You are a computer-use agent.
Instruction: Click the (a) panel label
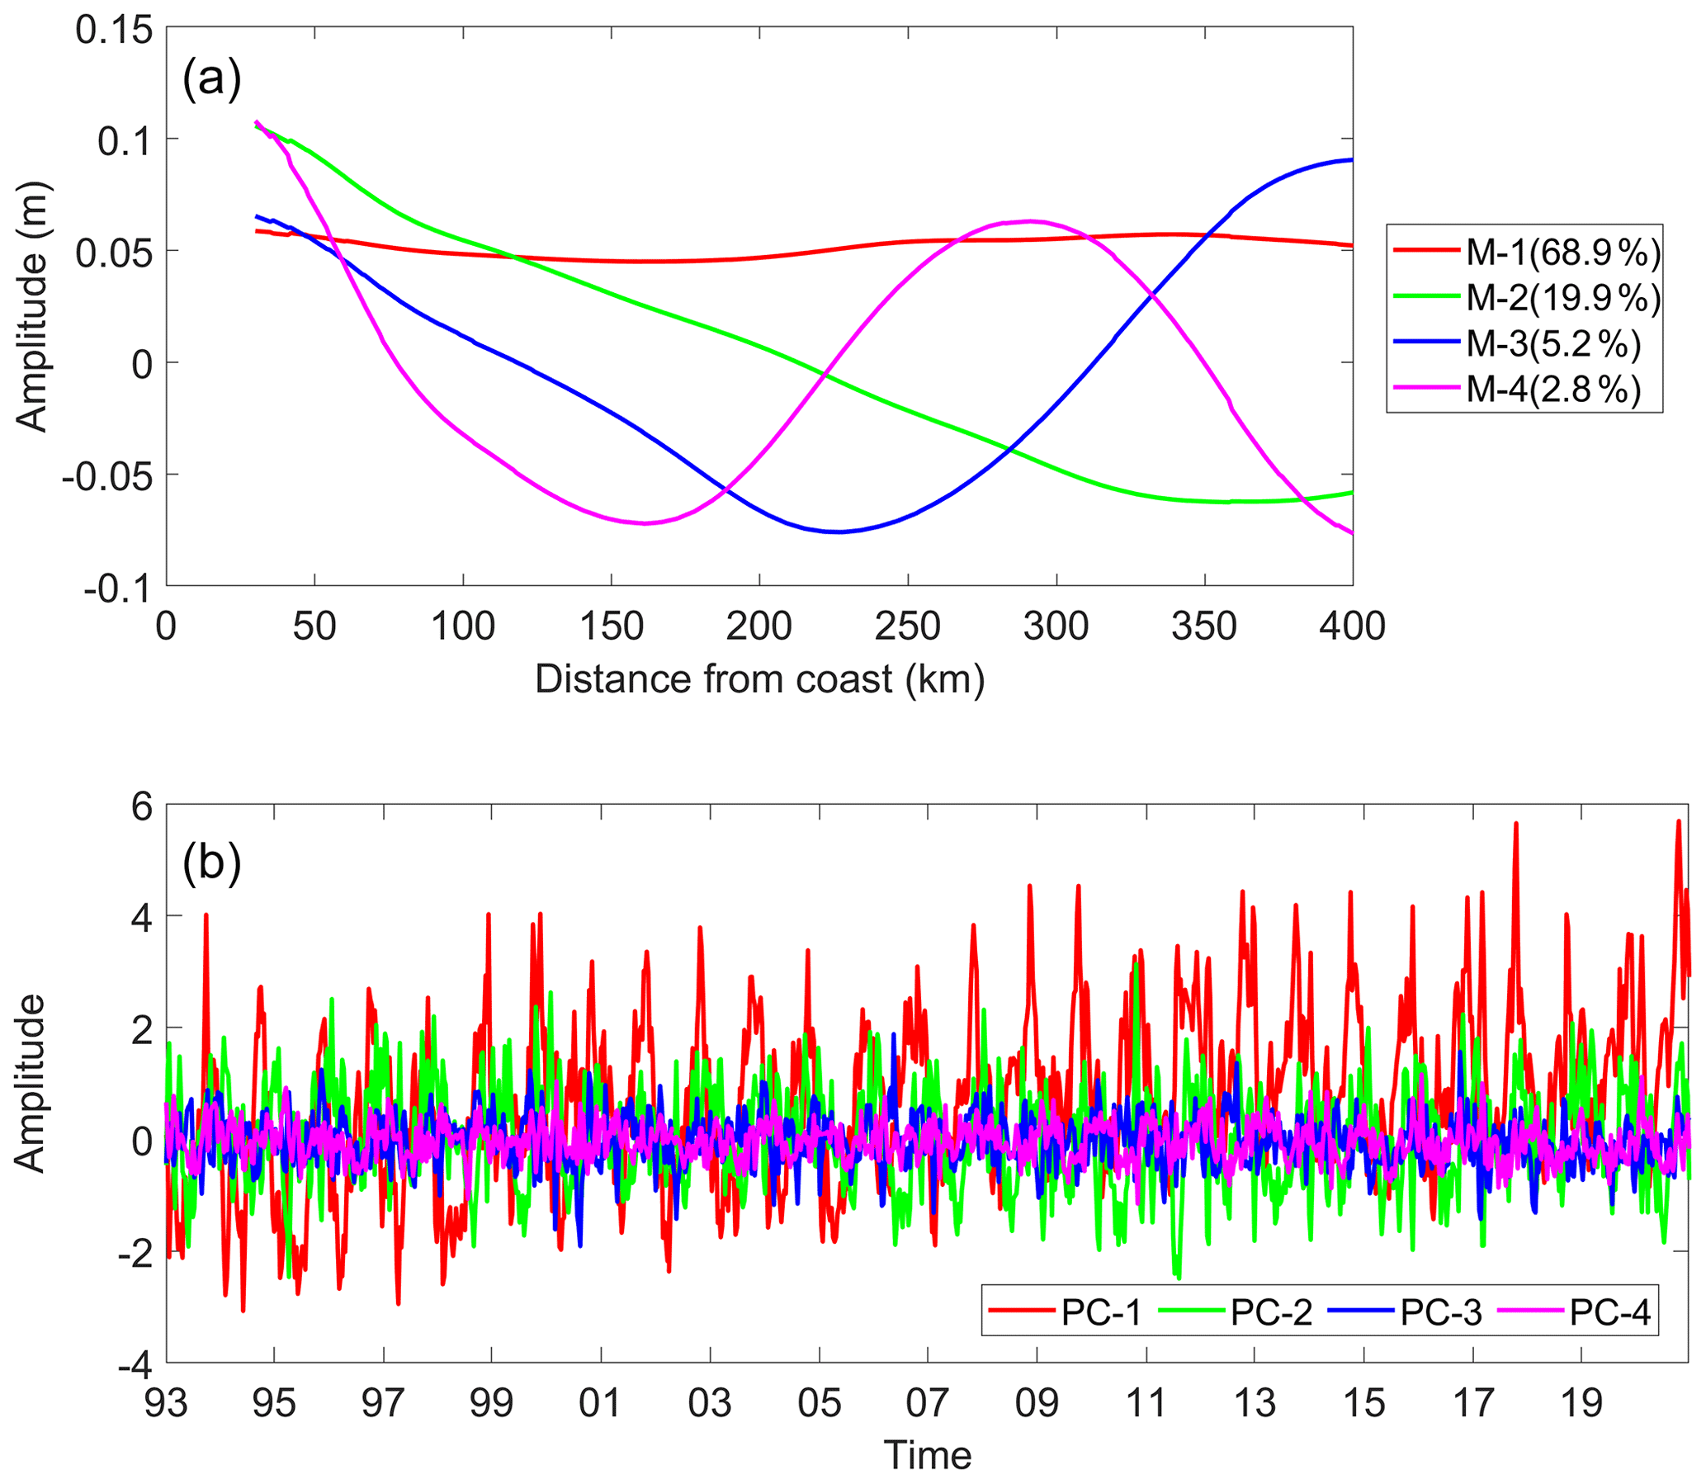[x=211, y=79]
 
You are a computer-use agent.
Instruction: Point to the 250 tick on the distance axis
[x=908, y=626]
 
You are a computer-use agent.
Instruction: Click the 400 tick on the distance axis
[x=1352, y=626]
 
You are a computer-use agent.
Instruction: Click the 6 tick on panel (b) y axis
[x=142, y=806]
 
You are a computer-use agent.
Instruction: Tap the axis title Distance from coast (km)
[x=759, y=680]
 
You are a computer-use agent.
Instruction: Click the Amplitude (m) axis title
[x=33, y=306]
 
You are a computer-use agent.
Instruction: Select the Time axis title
[x=927, y=1456]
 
